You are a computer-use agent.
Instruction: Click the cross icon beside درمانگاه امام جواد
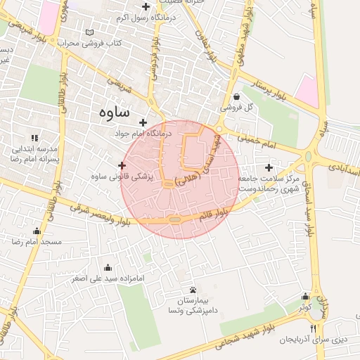click(x=143, y=122)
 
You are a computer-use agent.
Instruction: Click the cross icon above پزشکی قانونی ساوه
click(x=122, y=165)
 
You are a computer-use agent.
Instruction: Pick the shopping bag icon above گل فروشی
click(x=236, y=97)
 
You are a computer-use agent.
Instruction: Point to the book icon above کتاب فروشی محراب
click(x=89, y=32)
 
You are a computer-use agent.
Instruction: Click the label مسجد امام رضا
click(x=37, y=241)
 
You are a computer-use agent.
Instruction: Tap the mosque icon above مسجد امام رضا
click(x=37, y=231)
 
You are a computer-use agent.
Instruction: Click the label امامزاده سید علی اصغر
click(x=107, y=278)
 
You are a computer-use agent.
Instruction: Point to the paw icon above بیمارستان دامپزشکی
click(x=193, y=290)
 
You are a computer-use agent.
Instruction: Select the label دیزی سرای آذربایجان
click(x=313, y=340)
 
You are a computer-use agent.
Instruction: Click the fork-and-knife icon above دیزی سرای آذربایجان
click(x=314, y=328)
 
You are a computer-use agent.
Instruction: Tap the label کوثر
click(x=304, y=307)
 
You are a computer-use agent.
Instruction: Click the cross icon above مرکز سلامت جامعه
click(x=269, y=168)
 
